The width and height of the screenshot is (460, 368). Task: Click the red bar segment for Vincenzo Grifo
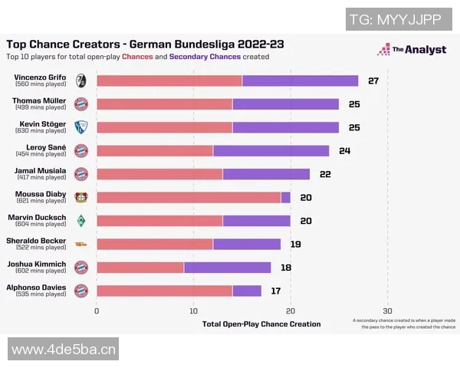tap(169, 80)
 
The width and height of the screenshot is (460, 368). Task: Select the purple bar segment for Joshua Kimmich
tap(228, 267)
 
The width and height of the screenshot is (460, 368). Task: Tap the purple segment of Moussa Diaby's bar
tap(286, 197)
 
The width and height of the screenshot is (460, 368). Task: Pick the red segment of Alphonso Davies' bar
tap(164, 291)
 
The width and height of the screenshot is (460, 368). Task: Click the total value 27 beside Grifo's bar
tap(373, 80)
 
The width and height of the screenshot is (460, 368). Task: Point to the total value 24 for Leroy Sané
tap(344, 150)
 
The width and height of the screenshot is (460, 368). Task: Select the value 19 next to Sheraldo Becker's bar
tap(295, 244)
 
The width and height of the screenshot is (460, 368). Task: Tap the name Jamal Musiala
tap(41, 170)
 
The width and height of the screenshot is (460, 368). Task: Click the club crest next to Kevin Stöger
tap(80, 127)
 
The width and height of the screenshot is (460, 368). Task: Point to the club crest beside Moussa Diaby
tap(80, 197)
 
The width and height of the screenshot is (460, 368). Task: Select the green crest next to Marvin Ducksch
tap(80, 221)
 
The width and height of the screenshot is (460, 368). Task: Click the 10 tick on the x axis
tap(193, 310)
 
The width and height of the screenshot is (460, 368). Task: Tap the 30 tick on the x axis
tap(387, 310)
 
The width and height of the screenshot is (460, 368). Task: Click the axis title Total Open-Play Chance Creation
tap(261, 324)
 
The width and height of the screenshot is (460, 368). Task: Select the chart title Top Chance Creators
tap(145, 44)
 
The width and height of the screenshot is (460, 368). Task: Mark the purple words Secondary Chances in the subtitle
tap(204, 57)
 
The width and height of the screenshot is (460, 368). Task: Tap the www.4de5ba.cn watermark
tap(64, 350)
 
